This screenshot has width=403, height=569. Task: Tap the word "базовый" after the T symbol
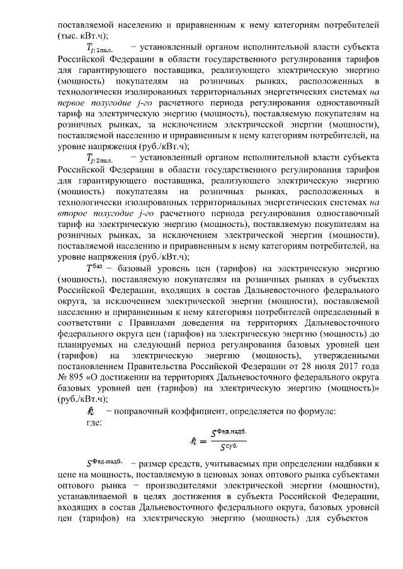(x=131, y=268)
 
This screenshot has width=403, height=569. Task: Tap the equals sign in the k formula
(x=203, y=442)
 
